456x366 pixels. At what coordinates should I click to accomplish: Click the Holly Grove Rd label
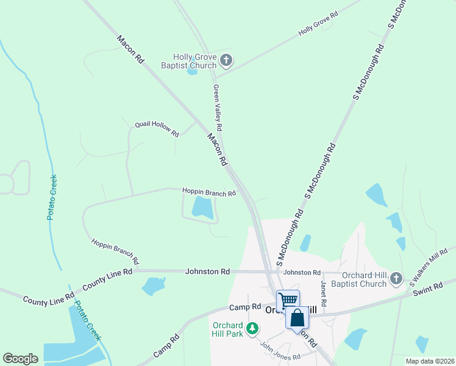(x=318, y=24)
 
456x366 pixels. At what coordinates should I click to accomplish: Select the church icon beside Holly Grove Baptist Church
(x=226, y=60)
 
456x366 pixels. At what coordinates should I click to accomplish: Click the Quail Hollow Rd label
(x=157, y=129)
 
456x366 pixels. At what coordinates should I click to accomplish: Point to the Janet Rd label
(x=323, y=294)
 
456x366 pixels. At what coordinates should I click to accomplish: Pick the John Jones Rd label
(x=280, y=352)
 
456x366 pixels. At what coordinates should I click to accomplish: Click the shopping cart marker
(x=288, y=300)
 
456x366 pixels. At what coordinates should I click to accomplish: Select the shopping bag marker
(x=297, y=318)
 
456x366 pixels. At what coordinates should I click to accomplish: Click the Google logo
(x=20, y=359)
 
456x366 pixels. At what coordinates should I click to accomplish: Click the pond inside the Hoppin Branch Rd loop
(x=202, y=207)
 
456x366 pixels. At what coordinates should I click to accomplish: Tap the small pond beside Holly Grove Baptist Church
(x=193, y=71)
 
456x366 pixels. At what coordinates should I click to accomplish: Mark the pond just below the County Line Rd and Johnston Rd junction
(x=153, y=285)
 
